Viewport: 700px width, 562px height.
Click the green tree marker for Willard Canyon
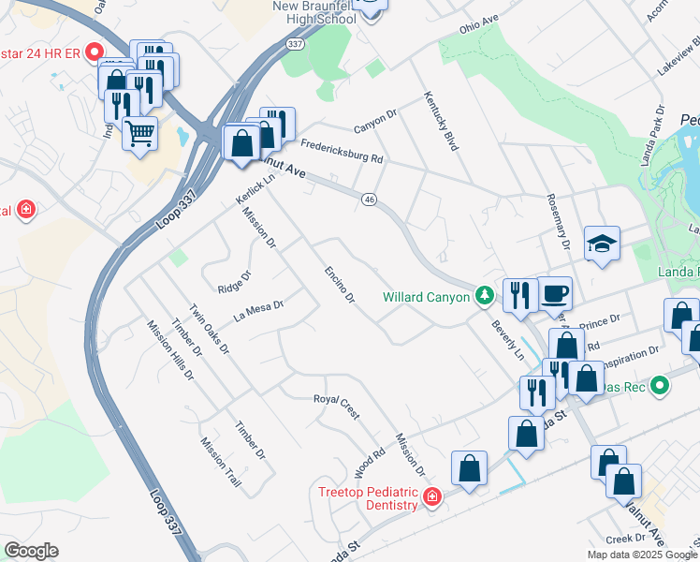click(484, 297)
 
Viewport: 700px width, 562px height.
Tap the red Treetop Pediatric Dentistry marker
click(431, 497)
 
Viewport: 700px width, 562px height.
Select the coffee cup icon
click(554, 292)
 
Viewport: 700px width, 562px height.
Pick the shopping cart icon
click(139, 132)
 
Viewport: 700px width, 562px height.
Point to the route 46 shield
click(370, 200)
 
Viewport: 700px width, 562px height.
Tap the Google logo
click(31, 551)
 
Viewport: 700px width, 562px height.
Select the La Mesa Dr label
click(257, 308)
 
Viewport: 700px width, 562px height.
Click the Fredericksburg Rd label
click(343, 151)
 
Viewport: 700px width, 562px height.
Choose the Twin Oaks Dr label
click(209, 329)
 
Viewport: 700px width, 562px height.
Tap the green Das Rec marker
click(659, 385)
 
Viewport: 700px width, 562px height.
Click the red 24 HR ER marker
click(94, 52)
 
